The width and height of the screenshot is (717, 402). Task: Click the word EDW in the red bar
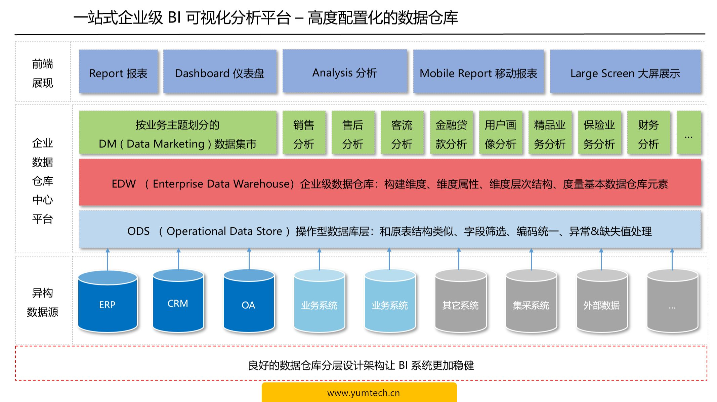124,184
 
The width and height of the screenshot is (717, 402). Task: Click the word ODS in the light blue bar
138,231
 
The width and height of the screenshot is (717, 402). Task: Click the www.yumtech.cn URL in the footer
363,393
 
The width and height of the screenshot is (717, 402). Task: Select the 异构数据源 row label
43,302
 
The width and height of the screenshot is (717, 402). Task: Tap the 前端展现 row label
43,73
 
